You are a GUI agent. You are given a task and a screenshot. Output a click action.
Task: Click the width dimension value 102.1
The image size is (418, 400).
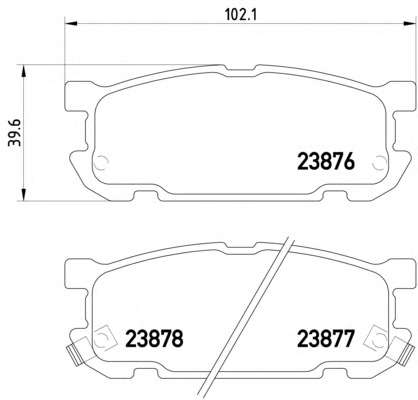coord(240,14)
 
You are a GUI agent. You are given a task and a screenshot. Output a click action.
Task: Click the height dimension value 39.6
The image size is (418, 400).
coord(14,133)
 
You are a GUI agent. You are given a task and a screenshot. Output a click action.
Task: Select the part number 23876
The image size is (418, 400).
coord(325,163)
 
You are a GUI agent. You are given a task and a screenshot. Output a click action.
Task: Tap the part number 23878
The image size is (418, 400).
coord(154,339)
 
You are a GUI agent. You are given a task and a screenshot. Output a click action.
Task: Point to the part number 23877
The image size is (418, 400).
coord(325,339)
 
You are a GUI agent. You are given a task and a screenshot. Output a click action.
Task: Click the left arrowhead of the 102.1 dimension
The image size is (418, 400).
coord(70,24)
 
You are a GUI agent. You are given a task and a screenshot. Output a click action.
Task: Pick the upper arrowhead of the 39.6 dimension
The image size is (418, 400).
coord(23,71)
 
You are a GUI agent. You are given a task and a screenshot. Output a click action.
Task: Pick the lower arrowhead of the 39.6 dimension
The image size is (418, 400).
coord(23,194)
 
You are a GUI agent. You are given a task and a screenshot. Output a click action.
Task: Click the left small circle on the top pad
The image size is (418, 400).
coord(100,163)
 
